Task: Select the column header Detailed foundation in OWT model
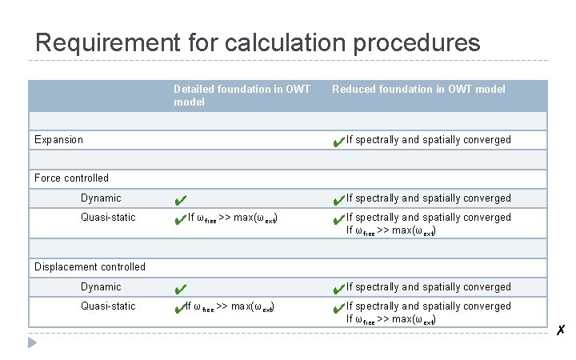coord(242,95)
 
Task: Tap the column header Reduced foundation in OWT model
coord(418,89)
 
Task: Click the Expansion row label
coord(58,139)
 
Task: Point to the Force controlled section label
coord(71,178)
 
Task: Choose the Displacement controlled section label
coord(90,266)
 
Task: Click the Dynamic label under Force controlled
coord(101,198)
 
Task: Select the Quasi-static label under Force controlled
coord(108,217)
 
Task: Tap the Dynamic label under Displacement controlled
coord(101,286)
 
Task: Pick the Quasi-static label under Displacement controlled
coord(108,306)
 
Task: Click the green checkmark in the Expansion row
coord(338,142)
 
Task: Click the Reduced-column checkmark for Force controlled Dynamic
coord(338,199)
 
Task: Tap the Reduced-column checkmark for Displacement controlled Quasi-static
coord(338,308)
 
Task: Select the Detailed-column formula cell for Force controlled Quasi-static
coord(231,218)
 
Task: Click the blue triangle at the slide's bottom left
coord(32,342)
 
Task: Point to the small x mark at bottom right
coord(562,330)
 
